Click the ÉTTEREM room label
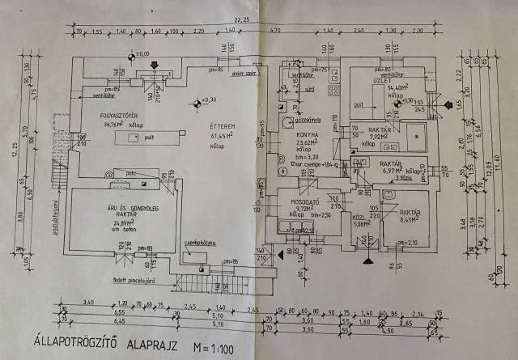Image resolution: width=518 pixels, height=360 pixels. [x=221, y=127]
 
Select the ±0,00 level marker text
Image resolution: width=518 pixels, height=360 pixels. [x=143, y=54]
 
